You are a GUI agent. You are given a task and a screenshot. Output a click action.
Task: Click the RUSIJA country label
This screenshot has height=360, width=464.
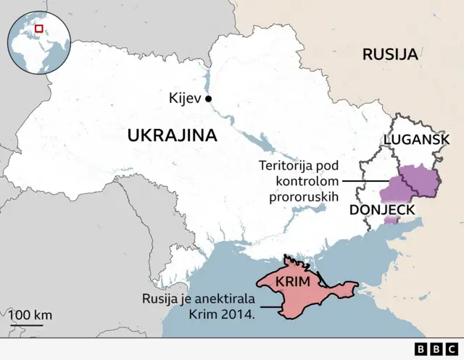point(389,54)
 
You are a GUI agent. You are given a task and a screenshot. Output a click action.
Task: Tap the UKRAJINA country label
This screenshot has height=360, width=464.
point(172,135)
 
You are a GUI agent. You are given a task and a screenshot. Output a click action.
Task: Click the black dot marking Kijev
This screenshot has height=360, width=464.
point(208,99)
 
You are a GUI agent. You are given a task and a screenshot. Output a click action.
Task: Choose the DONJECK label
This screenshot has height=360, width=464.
point(382,210)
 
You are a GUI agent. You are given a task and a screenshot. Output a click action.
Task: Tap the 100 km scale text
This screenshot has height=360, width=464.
point(31,315)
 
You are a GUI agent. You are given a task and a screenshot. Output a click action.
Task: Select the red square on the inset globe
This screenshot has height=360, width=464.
point(39,28)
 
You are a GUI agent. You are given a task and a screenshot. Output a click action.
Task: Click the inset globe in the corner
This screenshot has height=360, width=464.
point(38,43)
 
